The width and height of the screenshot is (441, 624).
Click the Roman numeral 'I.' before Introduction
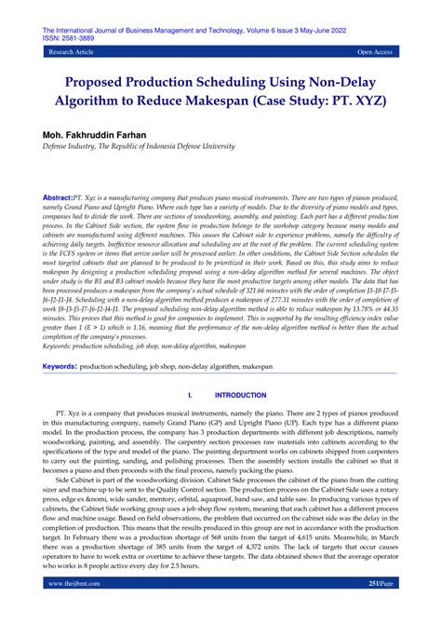tap(190, 421)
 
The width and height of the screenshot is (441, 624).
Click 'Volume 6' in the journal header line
tap(265, 30)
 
